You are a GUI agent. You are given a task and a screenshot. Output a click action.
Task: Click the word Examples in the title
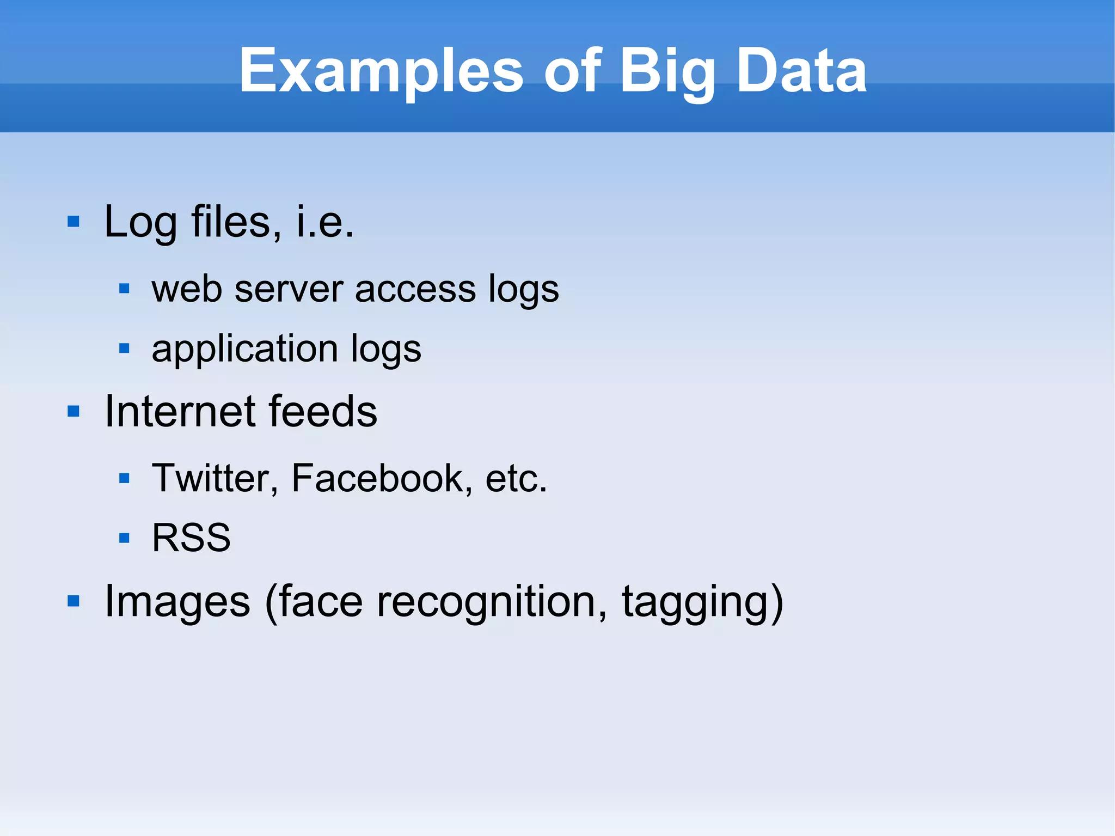pos(381,71)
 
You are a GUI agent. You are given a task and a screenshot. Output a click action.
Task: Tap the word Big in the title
pos(667,71)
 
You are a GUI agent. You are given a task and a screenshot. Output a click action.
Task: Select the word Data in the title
pos(801,71)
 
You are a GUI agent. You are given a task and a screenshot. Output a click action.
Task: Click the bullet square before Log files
pos(73,222)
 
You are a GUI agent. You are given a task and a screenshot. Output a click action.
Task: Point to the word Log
pos(140,222)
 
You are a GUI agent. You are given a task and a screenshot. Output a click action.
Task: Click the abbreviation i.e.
pos(325,222)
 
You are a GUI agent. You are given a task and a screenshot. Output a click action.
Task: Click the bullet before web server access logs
pos(124,288)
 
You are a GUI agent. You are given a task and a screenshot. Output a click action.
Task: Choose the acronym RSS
pos(191,538)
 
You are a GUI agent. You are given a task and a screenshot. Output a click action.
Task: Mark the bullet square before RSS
pos(124,538)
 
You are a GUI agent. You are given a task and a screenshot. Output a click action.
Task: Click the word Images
pos(177,602)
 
